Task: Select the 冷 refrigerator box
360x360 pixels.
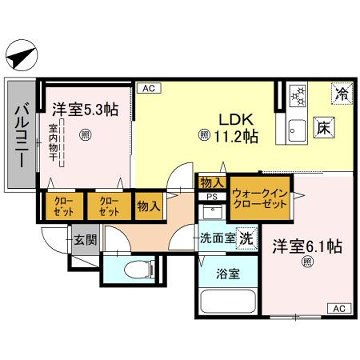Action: pos(341,97)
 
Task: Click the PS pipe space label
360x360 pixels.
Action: pos(212,197)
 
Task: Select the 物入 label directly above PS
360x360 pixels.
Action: pos(212,182)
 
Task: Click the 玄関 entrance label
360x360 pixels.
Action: pos(82,240)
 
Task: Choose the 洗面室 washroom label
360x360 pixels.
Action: pos(216,241)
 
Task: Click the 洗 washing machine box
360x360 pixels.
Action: pos(246,241)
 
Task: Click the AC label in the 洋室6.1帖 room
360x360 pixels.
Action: pos(340,308)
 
